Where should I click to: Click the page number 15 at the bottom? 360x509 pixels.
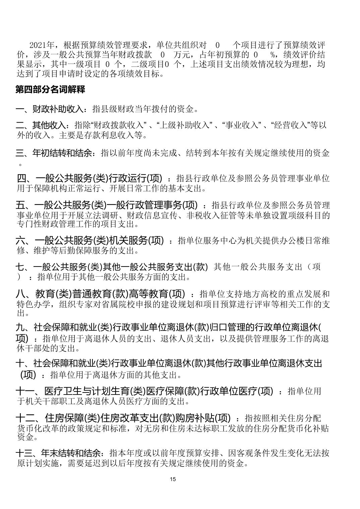(x=173, y=479)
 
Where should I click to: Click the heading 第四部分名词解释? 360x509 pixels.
(x=50, y=90)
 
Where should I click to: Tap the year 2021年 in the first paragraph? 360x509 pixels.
(x=42, y=45)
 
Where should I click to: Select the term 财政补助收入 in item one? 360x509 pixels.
(x=57, y=109)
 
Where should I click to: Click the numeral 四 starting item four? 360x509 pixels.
(x=21, y=178)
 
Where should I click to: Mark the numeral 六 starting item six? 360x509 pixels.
(x=20, y=240)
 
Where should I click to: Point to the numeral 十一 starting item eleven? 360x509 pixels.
(x=25, y=391)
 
